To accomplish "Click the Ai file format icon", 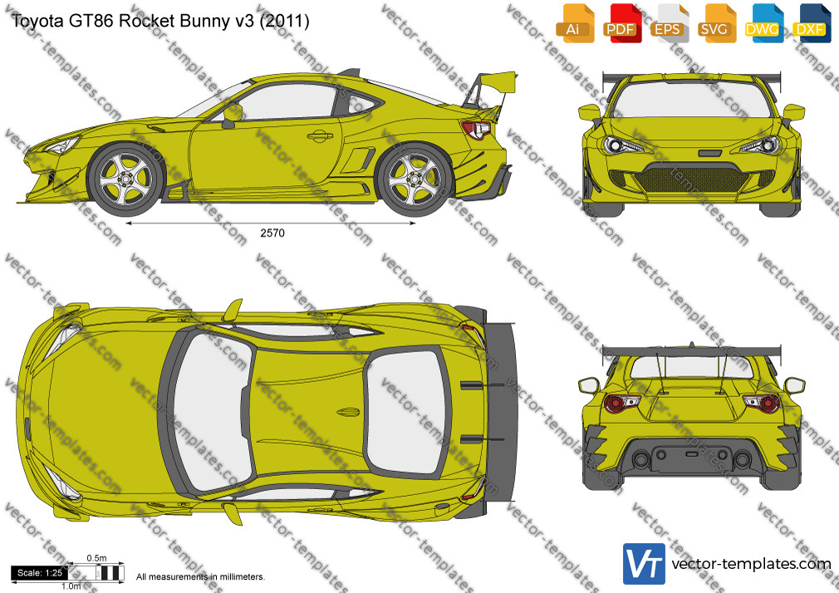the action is [x=575, y=23].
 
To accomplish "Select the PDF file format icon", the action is [x=622, y=23].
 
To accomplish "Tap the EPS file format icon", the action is [x=670, y=23].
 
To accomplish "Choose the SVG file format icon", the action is [x=716, y=23].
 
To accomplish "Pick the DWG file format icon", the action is [x=763, y=23].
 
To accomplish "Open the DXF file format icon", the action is [x=812, y=23].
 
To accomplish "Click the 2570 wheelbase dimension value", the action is [x=272, y=233].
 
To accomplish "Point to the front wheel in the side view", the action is [x=127, y=179].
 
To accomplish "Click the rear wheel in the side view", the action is [x=415, y=179].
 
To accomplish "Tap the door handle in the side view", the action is [x=320, y=136].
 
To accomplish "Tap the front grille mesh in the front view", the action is [x=690, y=179].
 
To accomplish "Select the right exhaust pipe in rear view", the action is [x=742, y=459].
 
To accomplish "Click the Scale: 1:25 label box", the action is [x=40, y=573].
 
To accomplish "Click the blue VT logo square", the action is [x=645, y=564].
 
